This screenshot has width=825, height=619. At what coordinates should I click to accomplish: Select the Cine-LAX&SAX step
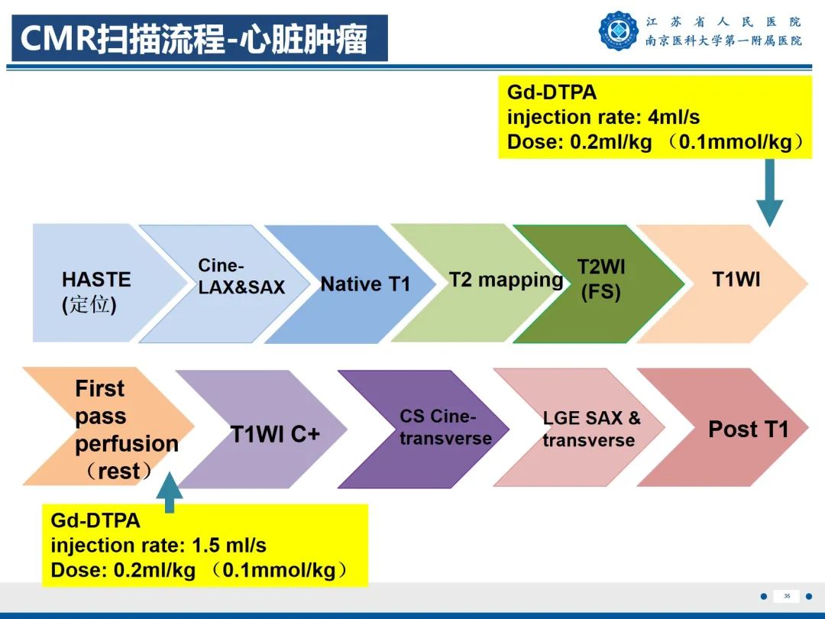pyautogui.click(x=241, y=277)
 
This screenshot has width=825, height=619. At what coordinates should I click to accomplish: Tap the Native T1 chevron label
pyautogui.click(x=365, y=284)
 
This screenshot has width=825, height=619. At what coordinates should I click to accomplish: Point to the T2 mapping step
pyautogui.click(x=506, y=280)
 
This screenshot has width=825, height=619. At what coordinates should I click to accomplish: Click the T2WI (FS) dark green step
pyautogui.click(x=600, y=280)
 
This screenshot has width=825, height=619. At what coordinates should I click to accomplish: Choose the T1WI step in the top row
pyautogui.click(x=736, y=280)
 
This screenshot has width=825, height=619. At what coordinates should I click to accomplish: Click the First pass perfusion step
pyautogui.click(x=126, y=429)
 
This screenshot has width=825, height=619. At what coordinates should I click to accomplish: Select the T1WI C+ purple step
pyautogui.click(x=275, y=434)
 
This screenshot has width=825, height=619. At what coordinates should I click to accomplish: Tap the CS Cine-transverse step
pyautogui.click(x=445, y=428)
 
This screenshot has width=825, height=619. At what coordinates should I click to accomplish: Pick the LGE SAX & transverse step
pyautogui.click(x=591, y=429)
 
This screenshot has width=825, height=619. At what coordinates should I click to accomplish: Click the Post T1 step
pyautogui.click(x=748, y=429)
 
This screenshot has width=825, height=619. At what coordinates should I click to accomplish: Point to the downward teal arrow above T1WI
pyautogui.click(x=769, y=194)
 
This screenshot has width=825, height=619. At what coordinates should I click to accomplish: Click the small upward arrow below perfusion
pyautogui.click(x=169, y=494)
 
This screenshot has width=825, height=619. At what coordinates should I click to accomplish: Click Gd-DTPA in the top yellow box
pyautogui.click(x=552, y=93)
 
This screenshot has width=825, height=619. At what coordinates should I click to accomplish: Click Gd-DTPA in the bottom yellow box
pyautogui.click(x=95, y=521)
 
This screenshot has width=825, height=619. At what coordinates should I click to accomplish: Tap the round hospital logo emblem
pyautogui.click(x=619, y=31)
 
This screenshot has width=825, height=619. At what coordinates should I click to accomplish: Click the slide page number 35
pyautogui.click(x=785, y=596)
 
